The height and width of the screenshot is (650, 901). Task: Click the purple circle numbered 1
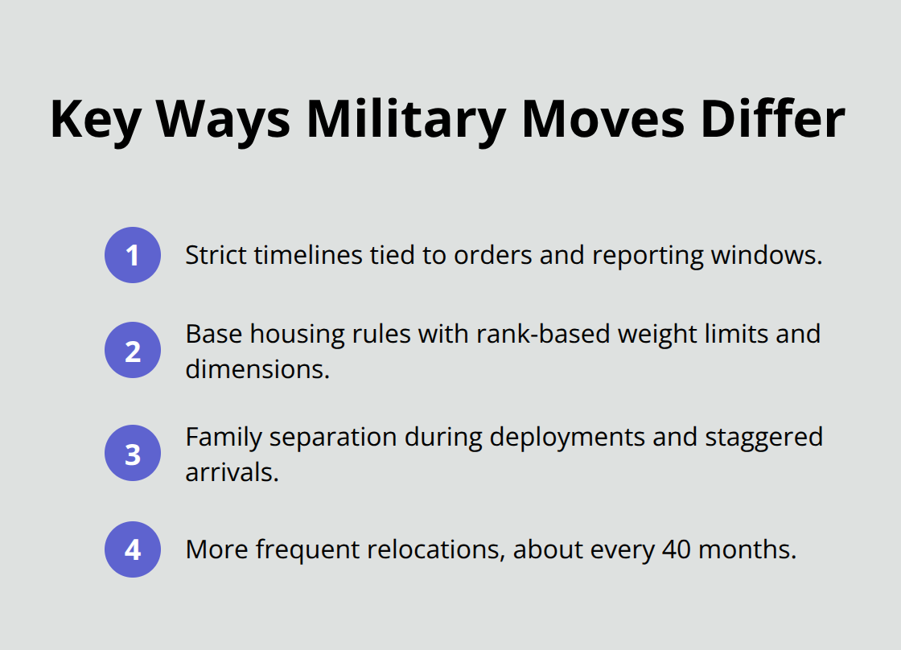(x=133, y=256)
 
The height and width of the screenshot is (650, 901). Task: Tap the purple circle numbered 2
(x=133, y=351)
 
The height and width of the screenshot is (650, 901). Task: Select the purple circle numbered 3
(x=133, y=454)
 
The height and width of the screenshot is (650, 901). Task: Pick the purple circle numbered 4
(x=133, y=549)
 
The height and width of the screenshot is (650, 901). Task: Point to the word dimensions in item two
(x=257, y=369)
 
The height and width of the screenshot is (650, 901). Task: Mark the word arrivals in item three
(x=231, y=472)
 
